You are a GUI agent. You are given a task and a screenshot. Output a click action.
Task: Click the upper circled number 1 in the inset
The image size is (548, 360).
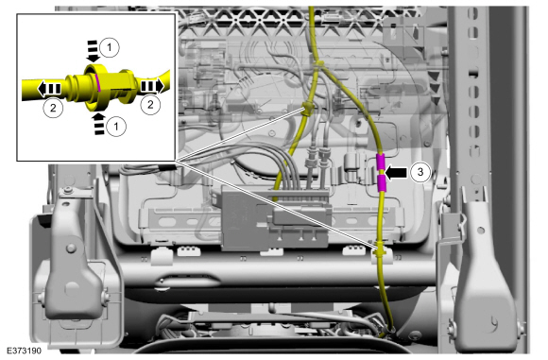pos(110,44)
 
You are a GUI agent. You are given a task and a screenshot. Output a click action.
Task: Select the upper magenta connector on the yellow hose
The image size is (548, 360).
pos(381,162)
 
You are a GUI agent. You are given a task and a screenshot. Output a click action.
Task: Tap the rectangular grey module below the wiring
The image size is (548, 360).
pos(273,213)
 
